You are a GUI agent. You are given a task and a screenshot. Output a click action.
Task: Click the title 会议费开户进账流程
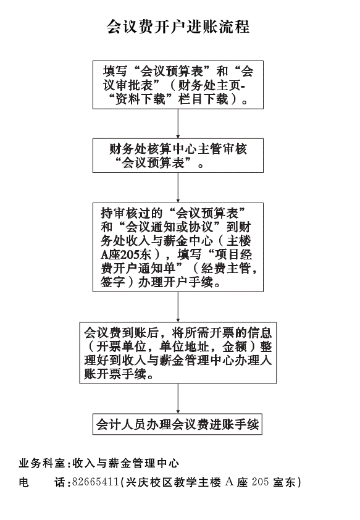[178, 27]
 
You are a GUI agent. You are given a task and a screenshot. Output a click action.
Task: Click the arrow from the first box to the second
[178, 124]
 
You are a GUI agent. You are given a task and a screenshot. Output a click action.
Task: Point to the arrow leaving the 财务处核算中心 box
[178, 188]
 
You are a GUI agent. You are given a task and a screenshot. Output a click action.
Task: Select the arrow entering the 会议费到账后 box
[178, 307]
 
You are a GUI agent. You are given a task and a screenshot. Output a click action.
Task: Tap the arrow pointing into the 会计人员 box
[178, 398]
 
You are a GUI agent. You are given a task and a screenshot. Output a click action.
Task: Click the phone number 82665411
[96, 482]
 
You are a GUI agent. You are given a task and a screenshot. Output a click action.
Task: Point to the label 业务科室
[42, 463]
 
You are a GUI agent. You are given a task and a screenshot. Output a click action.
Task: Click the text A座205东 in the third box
[126, 254]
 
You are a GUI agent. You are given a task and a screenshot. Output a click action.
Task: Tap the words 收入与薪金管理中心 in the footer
[126, 463]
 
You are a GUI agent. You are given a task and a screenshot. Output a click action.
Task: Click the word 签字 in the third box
[113, 282]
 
